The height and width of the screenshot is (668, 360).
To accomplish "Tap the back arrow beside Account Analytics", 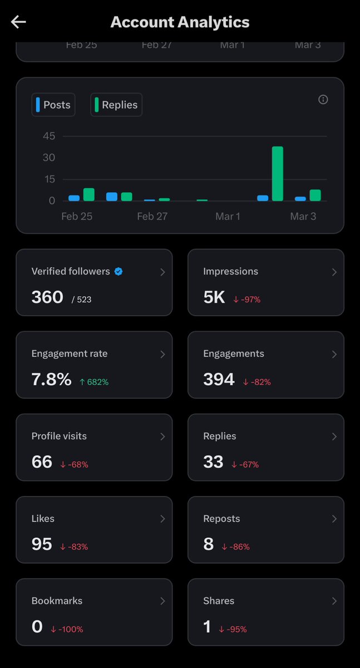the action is pyautogui.click(x=18, y=22).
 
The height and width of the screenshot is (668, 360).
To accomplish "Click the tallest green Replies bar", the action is pyautogui.click(x=278, y=174).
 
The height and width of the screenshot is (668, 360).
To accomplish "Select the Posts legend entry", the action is pyautogui.click(x=53, y=105).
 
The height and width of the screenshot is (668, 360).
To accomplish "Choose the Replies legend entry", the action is pyautogui.click(x=116, y=105).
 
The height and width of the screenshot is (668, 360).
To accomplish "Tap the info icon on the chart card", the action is pyautogui.click(x=323, y=100).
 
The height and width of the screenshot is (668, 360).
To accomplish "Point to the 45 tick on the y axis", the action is pyautogui.click(x=49, y=136).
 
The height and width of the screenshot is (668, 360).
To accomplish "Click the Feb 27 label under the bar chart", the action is pyautogui.click(x=152, y=216).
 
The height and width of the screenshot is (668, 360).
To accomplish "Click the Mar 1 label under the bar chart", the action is pyautogui.click(x=228, y=216).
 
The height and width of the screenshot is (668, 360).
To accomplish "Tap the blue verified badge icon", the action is pyautogui.click(x=119, y=272).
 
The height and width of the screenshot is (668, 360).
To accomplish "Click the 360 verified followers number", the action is pyautogui.click(x=47, y=297).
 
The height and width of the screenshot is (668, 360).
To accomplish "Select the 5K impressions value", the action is pyautogui.click(x=214, y=297).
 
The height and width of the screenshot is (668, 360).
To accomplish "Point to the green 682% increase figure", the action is pyautogui.click(x=94, y=382).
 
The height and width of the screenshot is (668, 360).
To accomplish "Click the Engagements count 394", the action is pyautogui.click(x=219, y=379).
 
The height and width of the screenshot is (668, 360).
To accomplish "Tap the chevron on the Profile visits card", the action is pyautogui.click(x=162, y=436).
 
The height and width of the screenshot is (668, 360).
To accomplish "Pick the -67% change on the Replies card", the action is pyautogui.click(x=245, y=464).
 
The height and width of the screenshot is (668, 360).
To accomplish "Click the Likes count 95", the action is pyautogui.click(x=42, y=544).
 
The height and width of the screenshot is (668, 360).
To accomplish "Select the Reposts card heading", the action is pyautogui.click(x=221, y=519).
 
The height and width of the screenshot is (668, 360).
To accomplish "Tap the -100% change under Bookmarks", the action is pyautogui.click(x=67, y=629).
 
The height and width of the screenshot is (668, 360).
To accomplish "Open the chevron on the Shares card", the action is pyautogui.click(x=334, y=601).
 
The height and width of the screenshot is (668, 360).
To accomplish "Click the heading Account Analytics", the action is pyautogui.click(x=180, y=22).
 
